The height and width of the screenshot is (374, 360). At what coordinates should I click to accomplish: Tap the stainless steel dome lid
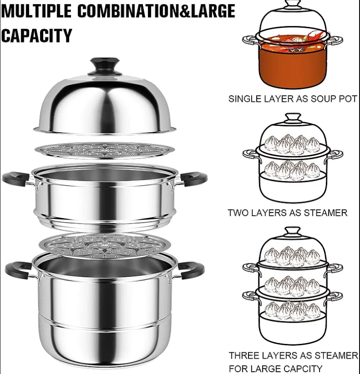click(x=105, y=106)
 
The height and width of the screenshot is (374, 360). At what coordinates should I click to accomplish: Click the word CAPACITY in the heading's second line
click(x=36, y=35)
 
